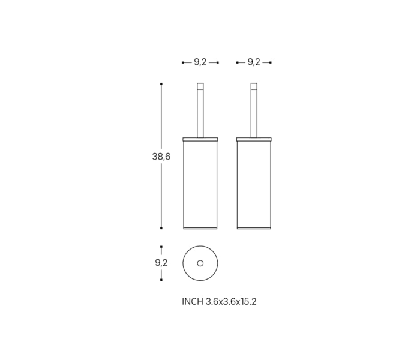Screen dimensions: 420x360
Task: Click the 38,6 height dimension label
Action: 161,157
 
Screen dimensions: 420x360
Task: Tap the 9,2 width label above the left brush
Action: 200,62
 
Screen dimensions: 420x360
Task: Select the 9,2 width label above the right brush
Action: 254,62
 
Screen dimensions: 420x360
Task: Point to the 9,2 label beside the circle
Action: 161,263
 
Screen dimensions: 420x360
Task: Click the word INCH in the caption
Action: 193,302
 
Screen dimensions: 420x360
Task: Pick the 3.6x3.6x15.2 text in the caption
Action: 231,302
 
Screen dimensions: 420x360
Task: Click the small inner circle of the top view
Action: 200,263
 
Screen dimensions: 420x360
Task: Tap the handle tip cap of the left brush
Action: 200,86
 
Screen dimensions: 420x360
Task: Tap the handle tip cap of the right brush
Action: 254,86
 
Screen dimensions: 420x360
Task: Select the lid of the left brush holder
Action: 200,139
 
